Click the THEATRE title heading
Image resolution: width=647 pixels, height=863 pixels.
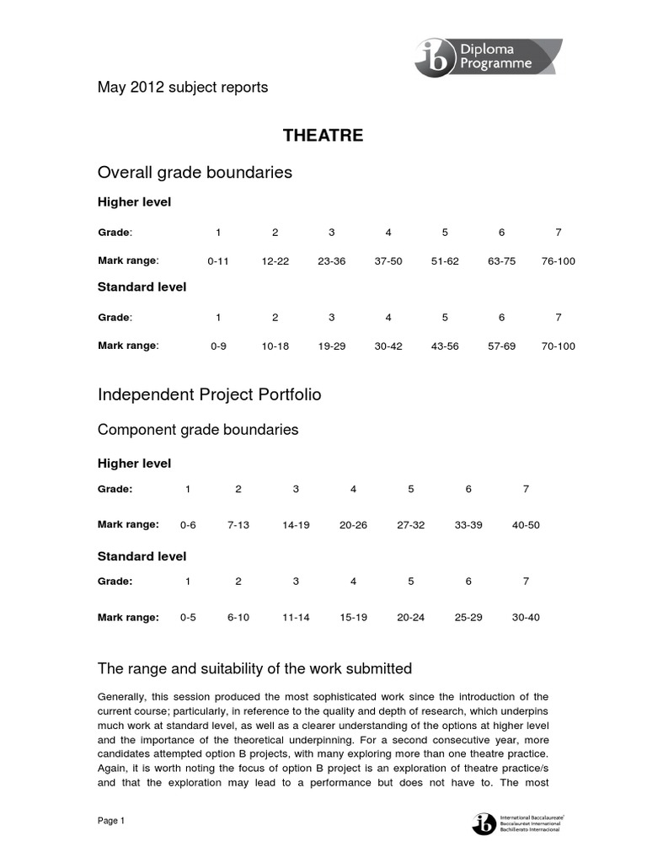click(x=323, y=136)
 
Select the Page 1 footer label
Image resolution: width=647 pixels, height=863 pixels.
click(x=111, y=822)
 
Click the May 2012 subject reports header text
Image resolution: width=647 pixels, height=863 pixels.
click(x=183, y=88)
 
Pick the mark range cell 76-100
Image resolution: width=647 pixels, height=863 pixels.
click(x=558, y=261)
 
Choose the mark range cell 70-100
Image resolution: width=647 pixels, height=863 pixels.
click(x=558, y=346)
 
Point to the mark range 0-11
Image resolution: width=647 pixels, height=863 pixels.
click(x=218, y=261)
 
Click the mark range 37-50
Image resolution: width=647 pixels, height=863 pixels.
click(x=388, y=261)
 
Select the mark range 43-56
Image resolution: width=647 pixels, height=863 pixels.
click(x=445, y=346)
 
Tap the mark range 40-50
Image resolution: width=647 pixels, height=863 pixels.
click(x=526, y=525)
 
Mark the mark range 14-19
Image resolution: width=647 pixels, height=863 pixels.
click(x=296, y=525)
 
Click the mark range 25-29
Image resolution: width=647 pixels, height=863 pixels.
click(x=468, y=618)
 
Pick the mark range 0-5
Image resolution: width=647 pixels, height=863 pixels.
click(x=188, y=618)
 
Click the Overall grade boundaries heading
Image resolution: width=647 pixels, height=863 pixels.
click(x=195, y=172)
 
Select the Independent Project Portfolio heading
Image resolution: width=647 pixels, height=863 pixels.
click(x=209, y=394)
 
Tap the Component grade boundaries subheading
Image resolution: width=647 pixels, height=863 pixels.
click(x=198, y=430)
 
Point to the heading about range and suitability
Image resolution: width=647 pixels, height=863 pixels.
click(x=254, y=668)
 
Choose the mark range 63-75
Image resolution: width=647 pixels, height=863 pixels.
click(x=501, y=261)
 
